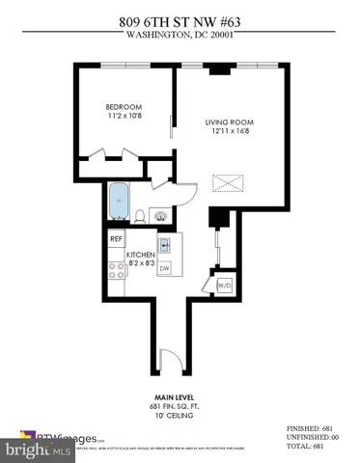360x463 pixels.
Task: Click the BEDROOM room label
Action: pos(124,106)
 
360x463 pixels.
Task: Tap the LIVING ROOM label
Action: pos(227,123)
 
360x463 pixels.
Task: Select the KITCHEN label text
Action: pos(142,254)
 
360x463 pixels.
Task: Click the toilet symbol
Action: pos(141,215)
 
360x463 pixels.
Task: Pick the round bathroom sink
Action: pos(160,214)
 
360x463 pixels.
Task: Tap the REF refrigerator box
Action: pos(116,238)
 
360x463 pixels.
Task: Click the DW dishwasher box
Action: pos(164,268)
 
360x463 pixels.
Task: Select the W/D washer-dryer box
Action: pos(224,286)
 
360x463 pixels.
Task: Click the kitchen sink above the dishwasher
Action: pos(164,245)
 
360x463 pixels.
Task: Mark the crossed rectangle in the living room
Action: pos(229,183)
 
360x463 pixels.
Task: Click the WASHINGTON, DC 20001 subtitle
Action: pos(180,37)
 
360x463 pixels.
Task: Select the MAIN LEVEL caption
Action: pos(179,396)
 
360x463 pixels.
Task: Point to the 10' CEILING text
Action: pos(179,417)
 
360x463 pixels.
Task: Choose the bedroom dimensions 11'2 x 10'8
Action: pos(124,117)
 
